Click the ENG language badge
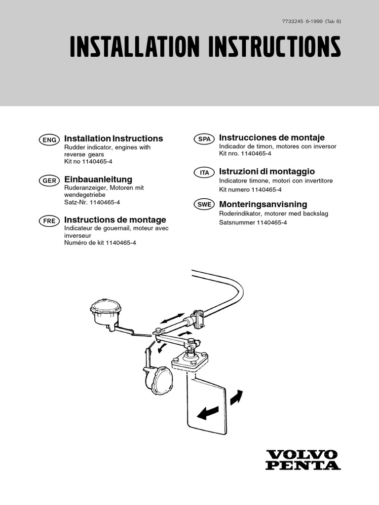point(49,140)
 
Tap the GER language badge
point(49,181)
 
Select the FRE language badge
point(49,221)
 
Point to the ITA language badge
point(204,173)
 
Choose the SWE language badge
point(204,206)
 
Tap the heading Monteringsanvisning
point(263,204)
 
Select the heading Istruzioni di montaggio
point(266,171)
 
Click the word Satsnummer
point(237,222)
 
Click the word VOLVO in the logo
point(302,455)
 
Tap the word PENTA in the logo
point(302,465)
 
